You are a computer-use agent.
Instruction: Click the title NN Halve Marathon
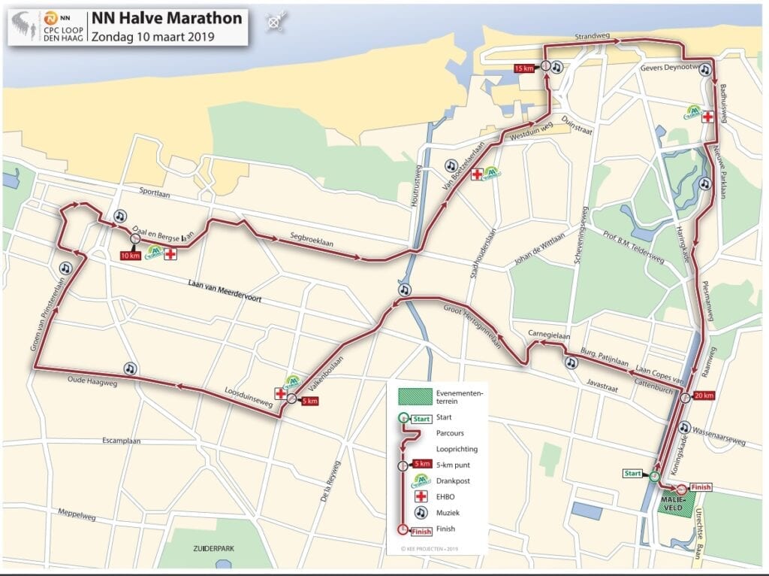(167, 17)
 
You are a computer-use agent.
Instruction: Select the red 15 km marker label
(524, 68)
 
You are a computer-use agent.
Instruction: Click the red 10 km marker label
(130, 256)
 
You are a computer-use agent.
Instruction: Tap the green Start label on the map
(633, 473)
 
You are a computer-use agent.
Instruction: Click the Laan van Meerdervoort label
(225, 284)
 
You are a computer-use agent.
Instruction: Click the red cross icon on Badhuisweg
(707, 117)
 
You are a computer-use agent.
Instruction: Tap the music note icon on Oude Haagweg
(130, 368)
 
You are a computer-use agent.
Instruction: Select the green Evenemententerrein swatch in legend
(415, 396)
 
